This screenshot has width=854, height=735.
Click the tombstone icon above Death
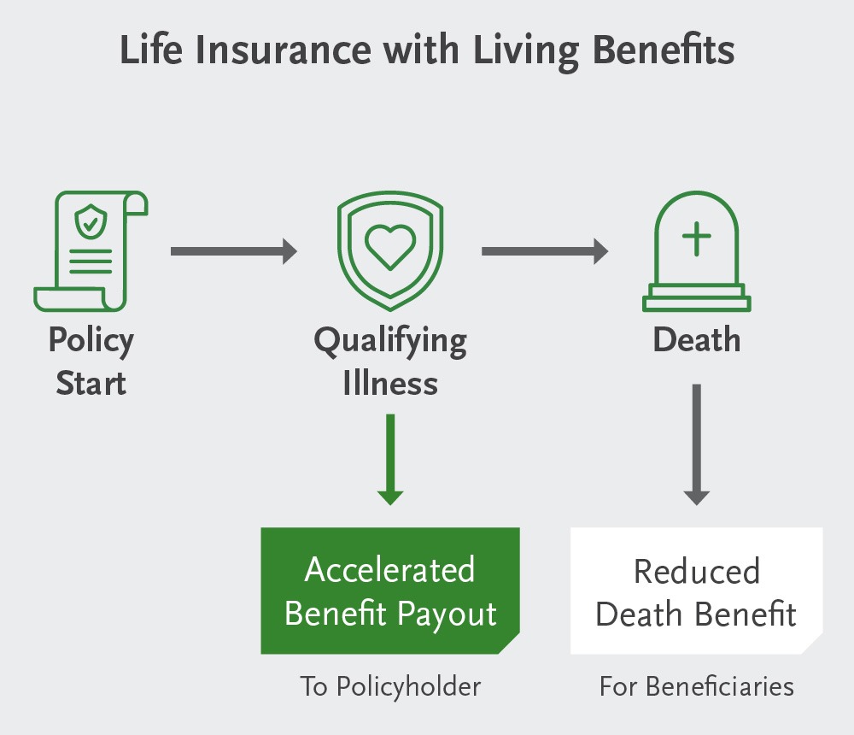696,251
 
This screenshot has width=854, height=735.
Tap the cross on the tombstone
697,237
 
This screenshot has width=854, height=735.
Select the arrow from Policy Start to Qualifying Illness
233,251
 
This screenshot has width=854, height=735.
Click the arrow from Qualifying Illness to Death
545,251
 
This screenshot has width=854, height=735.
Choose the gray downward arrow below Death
697,444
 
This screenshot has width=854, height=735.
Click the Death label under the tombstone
697,341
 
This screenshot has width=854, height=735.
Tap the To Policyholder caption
390,686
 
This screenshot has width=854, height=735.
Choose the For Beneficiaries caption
696,686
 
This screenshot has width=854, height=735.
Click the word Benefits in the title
662,50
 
